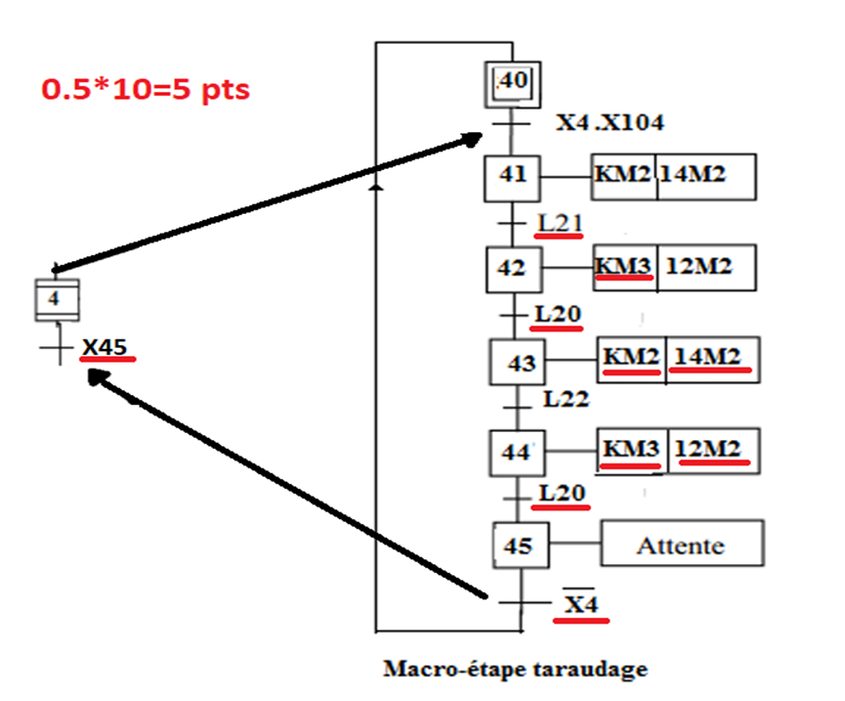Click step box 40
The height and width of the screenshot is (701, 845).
pyautogui.click(x=512, y=82)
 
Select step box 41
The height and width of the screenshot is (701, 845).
pyautogui.click(x=512, y=176)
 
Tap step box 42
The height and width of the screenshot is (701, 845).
pyautogui.click(x=513, y=269)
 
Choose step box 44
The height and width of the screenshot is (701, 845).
pyautogui.click(x=515, y=453)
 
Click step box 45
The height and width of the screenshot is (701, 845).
pyautogui.click(x=521, y=545)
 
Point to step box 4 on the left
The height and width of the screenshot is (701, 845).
pyautogui.click(x=56, y=299)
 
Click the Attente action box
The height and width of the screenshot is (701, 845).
pyautogui.click(x=681, y=545)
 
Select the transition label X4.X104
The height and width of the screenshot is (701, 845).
pyautogui.click(x=611, y=122)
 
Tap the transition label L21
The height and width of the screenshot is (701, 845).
pyautogui.click(x=560, y=223)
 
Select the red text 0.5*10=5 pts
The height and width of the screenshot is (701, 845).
pyautogui.click(x=146, y=89)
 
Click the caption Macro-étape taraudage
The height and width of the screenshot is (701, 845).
pyautogui.click(x=516, y=670)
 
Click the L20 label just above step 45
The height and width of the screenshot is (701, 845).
pyautogui.click(x=561, y=494)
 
